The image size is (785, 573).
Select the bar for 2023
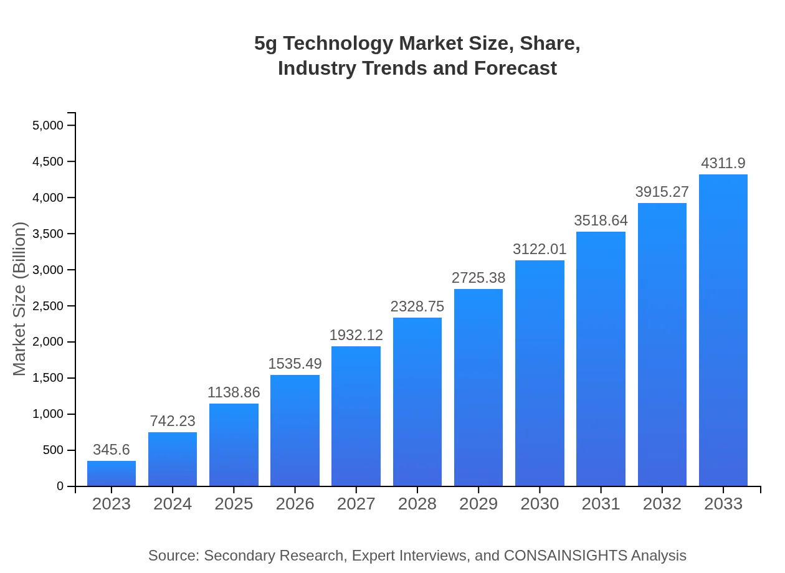(112, 473)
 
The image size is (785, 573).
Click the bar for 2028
(417, 402)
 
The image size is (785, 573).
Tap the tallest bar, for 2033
(723, 330)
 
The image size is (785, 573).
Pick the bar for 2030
(540, 373)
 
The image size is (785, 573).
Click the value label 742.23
(173, 421)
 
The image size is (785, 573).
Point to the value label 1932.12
(356, 335)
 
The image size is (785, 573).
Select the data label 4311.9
(723, 163)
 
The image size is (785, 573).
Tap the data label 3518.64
(601, 220)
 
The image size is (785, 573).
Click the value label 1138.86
(234, 392)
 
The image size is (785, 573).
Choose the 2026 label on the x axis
(295, 504)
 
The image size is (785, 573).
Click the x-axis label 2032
(662, 504)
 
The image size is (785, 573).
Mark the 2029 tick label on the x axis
(478, 504)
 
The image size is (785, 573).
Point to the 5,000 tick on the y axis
(48, 125)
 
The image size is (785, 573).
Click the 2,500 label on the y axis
(48, 306)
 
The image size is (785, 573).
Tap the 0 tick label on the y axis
(60, 486)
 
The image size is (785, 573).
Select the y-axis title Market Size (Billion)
(20, 299)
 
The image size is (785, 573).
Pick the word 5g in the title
(266, 44)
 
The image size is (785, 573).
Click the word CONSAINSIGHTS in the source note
(565, 556)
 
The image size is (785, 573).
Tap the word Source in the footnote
(173, 556)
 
